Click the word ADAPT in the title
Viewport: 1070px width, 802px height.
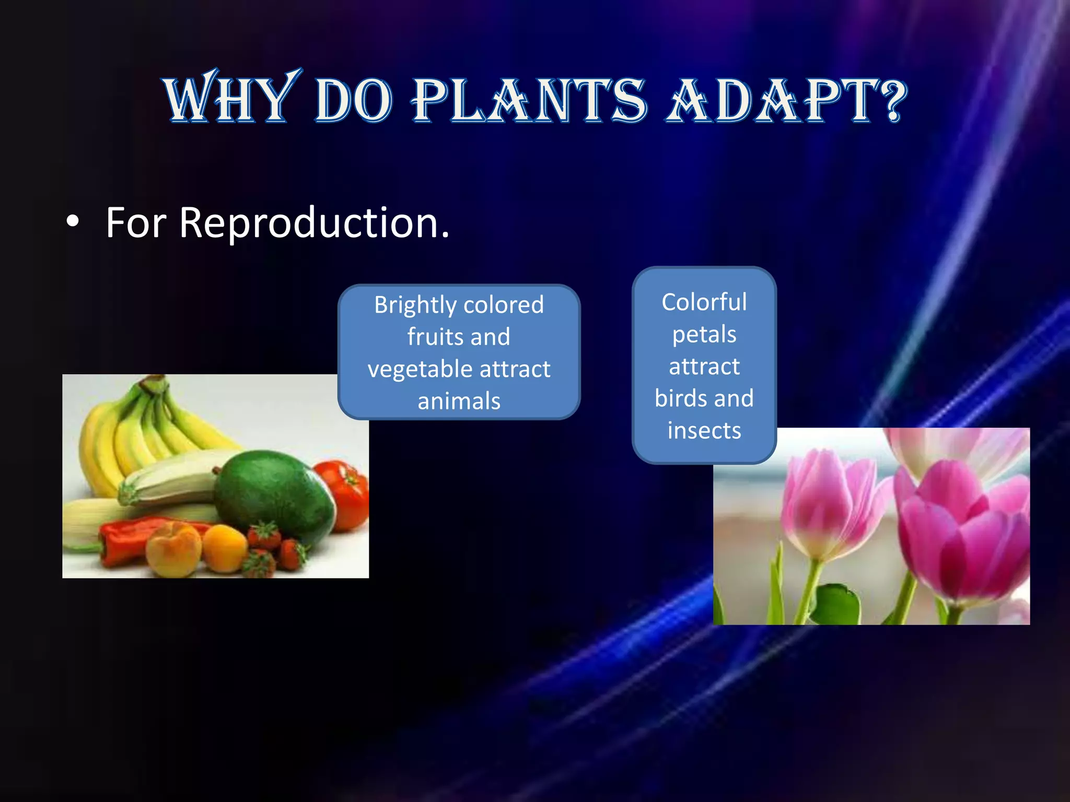click(x=768, y=100)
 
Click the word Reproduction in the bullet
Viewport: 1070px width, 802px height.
click(x=313, y=223)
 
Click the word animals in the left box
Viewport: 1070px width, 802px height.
click(x=459, y=401)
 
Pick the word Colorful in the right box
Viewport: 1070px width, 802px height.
click(x=704, y=302)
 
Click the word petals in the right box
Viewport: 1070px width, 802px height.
click(x=704, y=335)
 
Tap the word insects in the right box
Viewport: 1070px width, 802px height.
click(x=704, y=431)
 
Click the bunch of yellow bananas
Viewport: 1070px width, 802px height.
click(x=131, y=428)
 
